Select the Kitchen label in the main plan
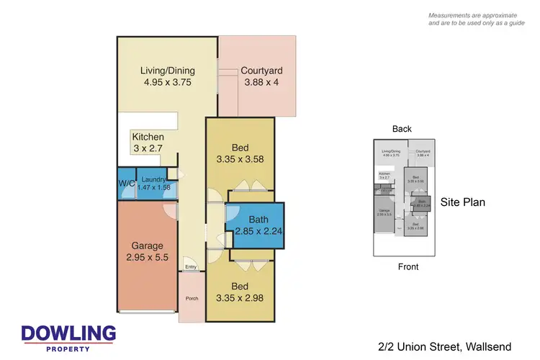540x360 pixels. coord(148,137)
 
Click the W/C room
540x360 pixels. coord(126,183)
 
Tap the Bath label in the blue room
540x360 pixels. coord(258,219)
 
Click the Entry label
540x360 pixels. coord(190,267)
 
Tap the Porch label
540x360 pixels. coord(192,298)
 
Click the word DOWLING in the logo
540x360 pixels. coord(68,333)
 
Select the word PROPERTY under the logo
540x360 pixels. coord(68,348)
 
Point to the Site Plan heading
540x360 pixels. coord(462,202)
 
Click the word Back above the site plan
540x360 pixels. coord(402,129)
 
